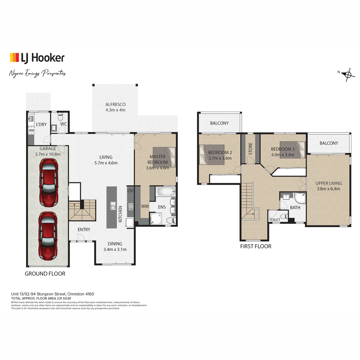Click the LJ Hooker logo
pyautogui.click(x=37, y=58)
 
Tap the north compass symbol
pyautogui.click(x=348, y=75)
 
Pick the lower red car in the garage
pyautogui.click(x=48, y=236)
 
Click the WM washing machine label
pyautogui.click(x=31, y=130)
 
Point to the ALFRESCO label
pyautogui.click(x=115, y=104)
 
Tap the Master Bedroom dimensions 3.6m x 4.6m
pyautogui.click(x=157, y=168)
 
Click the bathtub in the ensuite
pyautogui.click(x=166, y=191)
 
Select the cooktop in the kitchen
pyautogui.click(x=130, y=207)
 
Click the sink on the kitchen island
pyautogui.click(x=113, y=206)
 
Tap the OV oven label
pyautogui.click(x=130, y=190)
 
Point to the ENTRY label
pyautogui.click(x=84, y=229)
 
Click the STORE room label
pyautogui.click(x=250, y=149)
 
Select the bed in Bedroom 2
pyautogui.click(x=212, y=155)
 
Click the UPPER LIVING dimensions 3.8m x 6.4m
pyautogui.click(x=328, y=189)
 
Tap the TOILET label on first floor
pyautogui.click(x=274, y=220)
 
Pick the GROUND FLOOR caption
pyautogui.click(x=45, y=274)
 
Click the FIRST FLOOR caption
pyautogui.click(x=256, y=246)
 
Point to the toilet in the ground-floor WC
pyautogui.click(x=60, y=117)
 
